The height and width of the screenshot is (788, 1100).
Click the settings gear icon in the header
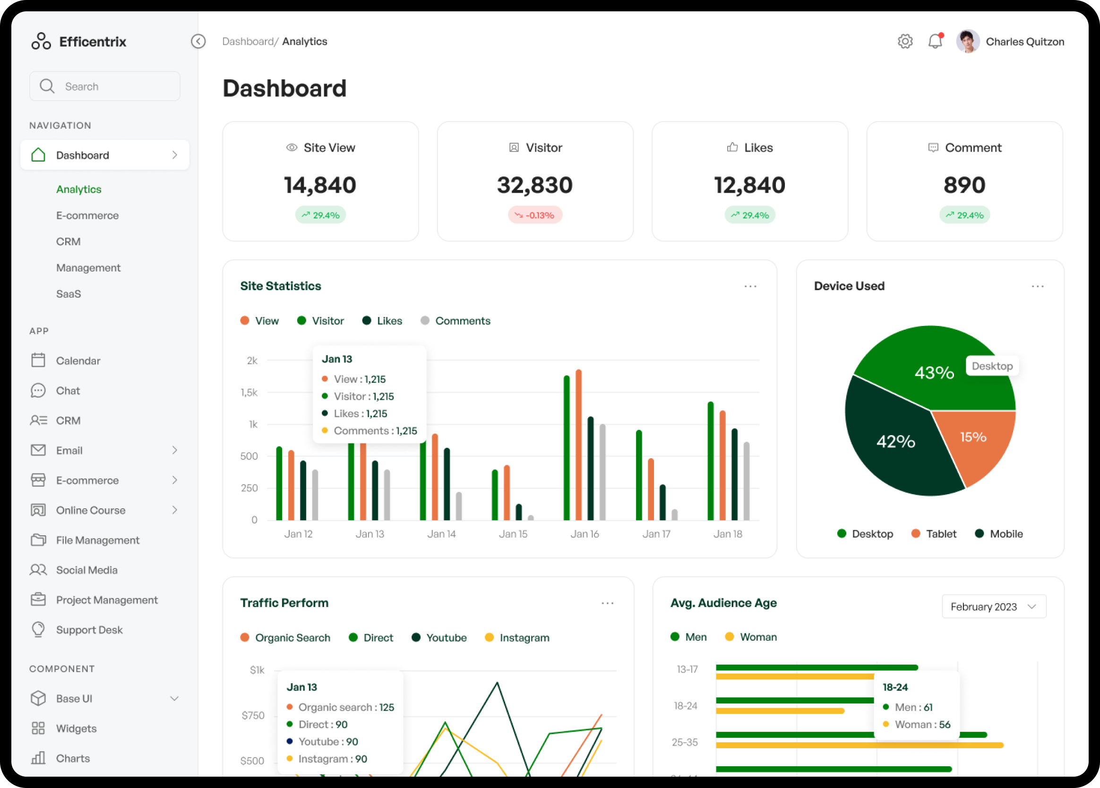pos(904,42)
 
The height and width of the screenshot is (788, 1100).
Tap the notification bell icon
pos(935,41)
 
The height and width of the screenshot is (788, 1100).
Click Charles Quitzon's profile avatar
pos(968,42)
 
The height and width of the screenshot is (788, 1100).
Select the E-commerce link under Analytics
pos(87,215)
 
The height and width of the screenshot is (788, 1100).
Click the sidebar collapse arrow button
pos(198,41)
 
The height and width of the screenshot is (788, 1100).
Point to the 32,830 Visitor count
pos(535,185)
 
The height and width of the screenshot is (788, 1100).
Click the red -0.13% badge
pos(535,215)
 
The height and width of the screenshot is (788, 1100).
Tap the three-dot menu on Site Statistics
pos(750,287)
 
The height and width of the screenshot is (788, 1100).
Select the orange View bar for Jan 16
pos(579,445)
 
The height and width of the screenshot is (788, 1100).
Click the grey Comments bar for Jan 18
pos(747,481)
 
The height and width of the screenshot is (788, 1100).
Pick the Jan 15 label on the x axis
pos(513,534)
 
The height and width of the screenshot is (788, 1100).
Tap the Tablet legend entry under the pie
pos(934,534)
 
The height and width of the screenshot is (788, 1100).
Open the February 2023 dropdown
pos(994,607)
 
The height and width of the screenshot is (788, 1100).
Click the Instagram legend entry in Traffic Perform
pos(517,638)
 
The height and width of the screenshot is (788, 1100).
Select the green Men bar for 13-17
pos(817,668)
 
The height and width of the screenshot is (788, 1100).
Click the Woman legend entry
pos(750,637)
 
